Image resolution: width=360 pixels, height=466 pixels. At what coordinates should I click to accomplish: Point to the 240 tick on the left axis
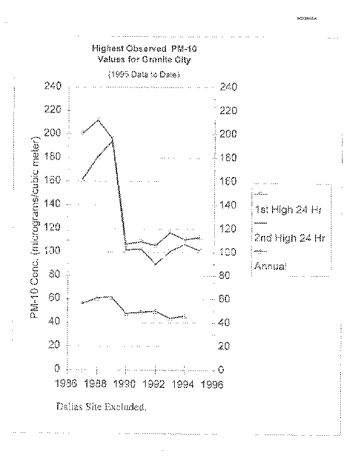(52, 87)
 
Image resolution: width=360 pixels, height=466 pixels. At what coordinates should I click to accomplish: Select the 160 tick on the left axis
(52, 181)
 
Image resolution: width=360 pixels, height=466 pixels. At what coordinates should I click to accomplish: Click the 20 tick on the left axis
(56, 345)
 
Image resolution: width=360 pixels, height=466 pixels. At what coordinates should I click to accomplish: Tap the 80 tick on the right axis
(227, 276)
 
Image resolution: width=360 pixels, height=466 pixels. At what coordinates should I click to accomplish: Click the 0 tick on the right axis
(221, 369)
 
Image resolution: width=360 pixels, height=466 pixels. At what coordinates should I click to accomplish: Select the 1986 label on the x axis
(69, 384)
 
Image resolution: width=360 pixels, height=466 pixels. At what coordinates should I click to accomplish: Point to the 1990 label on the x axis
(126, 384)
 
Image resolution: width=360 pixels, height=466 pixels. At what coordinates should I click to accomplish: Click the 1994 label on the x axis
(183, 384)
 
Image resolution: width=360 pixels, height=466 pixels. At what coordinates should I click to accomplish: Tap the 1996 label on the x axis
(212, 384)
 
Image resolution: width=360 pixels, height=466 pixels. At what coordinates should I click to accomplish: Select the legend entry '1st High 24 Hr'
(288, 211)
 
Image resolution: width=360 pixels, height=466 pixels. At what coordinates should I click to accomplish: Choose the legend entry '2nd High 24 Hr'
(290, 238)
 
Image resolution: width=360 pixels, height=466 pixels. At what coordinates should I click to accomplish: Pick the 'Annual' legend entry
(271, 266)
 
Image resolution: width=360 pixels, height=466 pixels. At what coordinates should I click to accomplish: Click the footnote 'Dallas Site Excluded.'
(101, 407)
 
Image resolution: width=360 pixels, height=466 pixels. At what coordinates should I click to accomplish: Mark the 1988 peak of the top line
(98, 119)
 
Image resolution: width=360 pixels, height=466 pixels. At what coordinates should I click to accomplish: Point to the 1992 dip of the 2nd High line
(155, 264)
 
